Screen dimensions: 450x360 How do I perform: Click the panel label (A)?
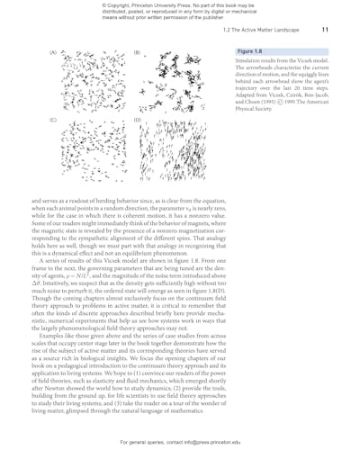coord(53,52)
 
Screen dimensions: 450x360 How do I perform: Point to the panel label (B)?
coord(136,52)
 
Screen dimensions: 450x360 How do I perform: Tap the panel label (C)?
coord(53,120)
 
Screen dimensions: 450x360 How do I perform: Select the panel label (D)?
coord(136,120)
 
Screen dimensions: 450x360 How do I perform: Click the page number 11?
coord(327,30)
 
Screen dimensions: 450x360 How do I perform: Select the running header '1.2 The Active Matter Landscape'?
coord(269,30)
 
